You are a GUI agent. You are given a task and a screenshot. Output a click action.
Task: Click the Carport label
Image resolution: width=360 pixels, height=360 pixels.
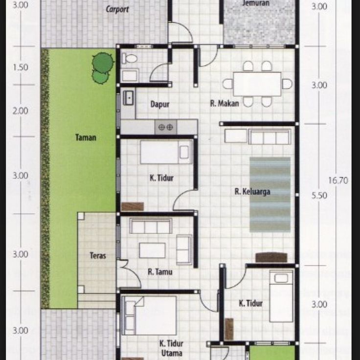(117, 9)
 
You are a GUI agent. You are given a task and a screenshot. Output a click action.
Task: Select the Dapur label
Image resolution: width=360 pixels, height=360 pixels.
(159, 104)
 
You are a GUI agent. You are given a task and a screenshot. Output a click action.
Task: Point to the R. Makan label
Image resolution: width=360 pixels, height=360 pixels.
(225, 103)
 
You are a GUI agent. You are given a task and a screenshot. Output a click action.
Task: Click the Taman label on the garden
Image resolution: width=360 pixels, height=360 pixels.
(86, 137)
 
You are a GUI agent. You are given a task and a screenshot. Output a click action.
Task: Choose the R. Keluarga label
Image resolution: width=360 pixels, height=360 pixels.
(252, 192)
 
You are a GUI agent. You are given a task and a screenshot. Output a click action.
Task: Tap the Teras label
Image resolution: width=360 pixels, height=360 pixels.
(98, 255)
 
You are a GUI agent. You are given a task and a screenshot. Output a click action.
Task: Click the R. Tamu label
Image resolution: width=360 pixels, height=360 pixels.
(160, 271)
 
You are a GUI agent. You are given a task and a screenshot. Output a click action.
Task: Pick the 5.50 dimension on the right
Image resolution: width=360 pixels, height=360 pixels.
(319, 195)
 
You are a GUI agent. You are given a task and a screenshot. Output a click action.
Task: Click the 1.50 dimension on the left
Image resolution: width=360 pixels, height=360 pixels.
(21, 67)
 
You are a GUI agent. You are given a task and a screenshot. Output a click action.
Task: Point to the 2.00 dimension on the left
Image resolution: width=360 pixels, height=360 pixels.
(21, 111)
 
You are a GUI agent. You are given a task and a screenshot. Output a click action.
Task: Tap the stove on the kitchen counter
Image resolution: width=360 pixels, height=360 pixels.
(164, 127)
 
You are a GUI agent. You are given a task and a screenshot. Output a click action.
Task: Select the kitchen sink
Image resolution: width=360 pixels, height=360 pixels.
(129, 97)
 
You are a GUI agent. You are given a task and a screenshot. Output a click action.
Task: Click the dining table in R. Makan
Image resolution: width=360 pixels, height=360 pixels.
(257, 84)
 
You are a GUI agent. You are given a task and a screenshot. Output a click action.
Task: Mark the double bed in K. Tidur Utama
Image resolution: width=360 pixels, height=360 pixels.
(149, 315)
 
